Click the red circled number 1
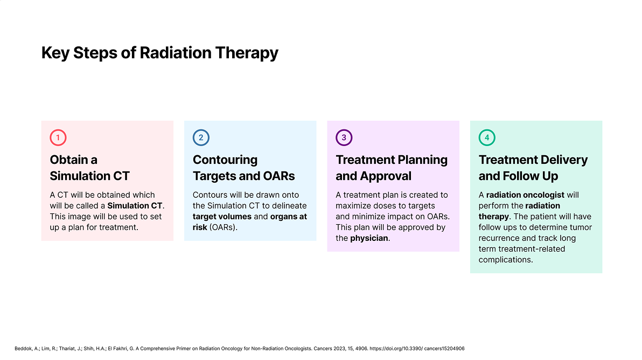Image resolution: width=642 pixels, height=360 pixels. [x=58, y=137]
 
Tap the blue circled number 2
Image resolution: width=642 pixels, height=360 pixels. [x=201, y=137]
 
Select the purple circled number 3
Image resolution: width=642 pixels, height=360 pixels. [x=344, y=137]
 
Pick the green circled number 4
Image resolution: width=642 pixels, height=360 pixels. [x=487, y=137]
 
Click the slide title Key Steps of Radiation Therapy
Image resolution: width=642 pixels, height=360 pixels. [x=159, y=53]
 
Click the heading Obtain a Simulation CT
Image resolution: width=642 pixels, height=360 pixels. [x=89, y=168]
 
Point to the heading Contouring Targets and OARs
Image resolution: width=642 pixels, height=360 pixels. [x=243, y=168]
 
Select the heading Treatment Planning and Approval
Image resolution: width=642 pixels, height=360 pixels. [x=392, y=168]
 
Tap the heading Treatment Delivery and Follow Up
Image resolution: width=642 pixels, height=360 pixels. [x=533, y=168]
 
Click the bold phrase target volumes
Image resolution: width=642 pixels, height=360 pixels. [x=222, y=217]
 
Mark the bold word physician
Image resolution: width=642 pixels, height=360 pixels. [x=369, y=238]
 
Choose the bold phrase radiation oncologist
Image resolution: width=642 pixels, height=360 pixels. [x=525, y=195]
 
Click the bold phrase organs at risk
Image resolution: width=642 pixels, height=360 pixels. [x=250, y=222]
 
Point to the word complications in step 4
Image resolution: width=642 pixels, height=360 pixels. [x=506, y=260]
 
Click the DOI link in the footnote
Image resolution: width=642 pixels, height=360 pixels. [x=417, y=349]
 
